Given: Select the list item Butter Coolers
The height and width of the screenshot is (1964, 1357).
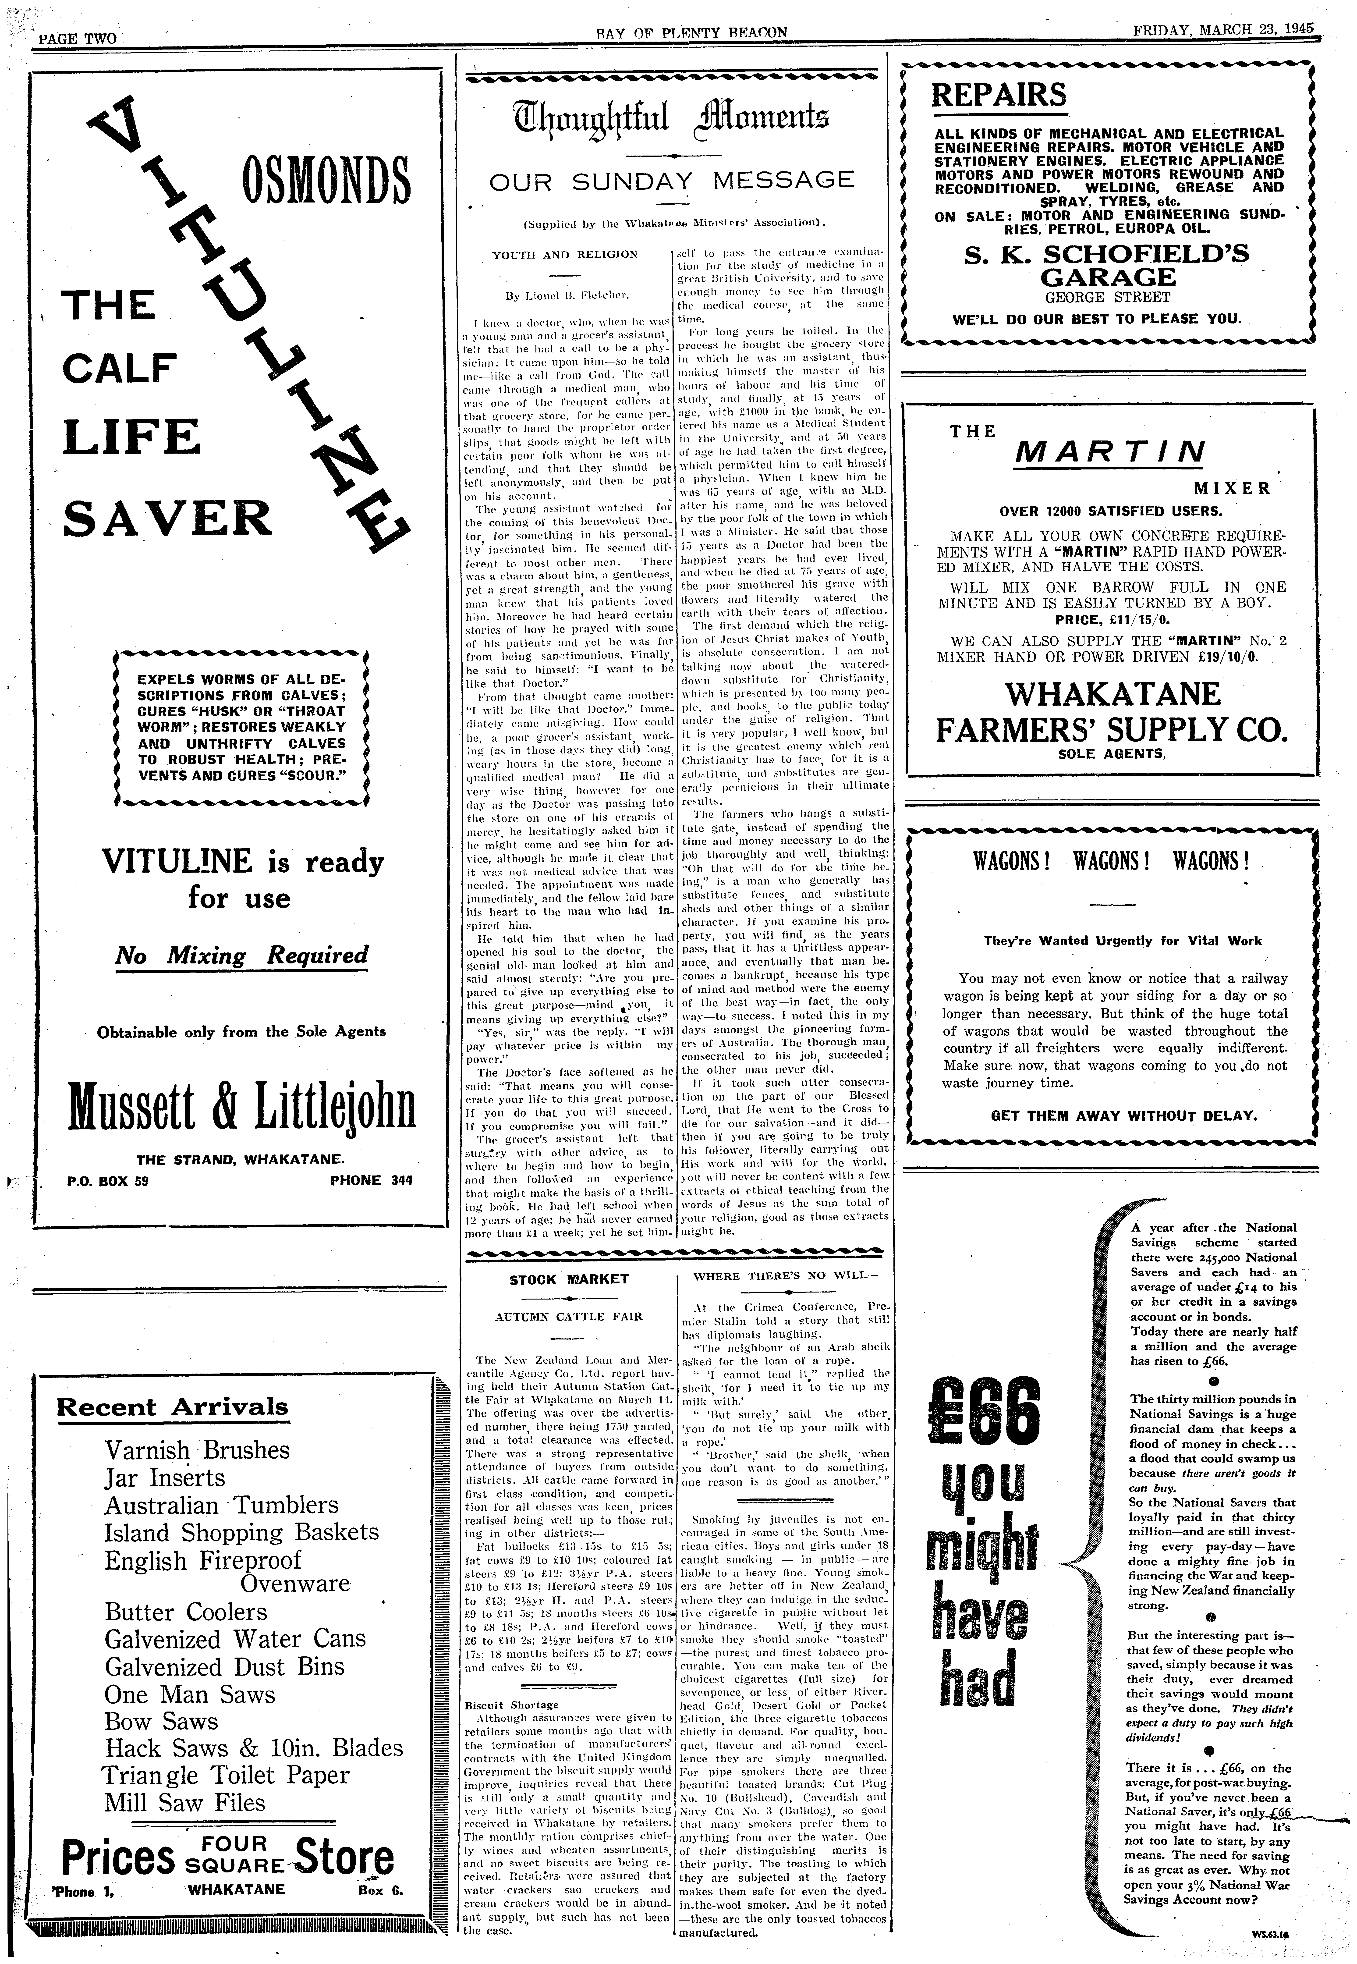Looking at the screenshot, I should click(185, 1612).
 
